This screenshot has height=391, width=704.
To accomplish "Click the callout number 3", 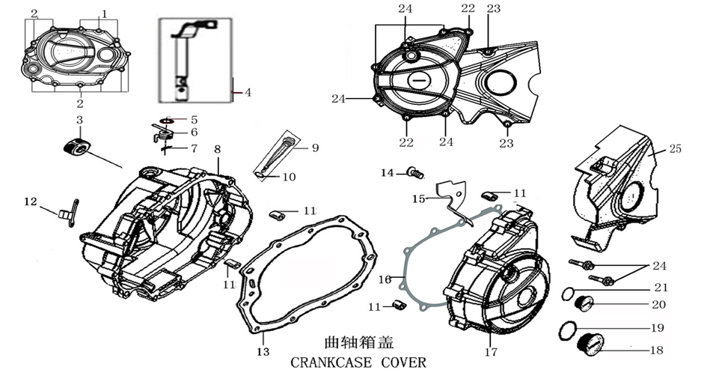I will [79, 121].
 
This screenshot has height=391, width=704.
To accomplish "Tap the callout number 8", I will [217, 149].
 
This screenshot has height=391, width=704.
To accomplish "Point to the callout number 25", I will [676, 150].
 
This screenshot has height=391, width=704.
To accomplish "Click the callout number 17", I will [490, 351].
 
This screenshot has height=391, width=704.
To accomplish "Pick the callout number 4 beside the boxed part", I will [248, 93].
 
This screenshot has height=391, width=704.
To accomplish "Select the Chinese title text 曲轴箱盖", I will [351, 343].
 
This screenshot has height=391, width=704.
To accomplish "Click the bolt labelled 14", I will [415, 174].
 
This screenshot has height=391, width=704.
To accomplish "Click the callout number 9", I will [315, 148].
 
